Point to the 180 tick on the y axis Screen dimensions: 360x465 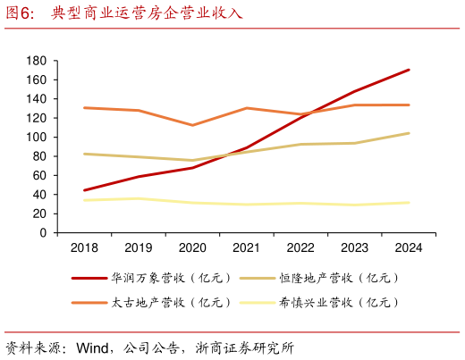click(37, 61)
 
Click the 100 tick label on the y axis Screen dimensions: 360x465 click(37, 138)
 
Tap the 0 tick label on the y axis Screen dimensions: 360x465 click(42, 233)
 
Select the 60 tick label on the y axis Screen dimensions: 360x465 click(39, 176)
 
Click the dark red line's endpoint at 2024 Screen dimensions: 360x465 click(409, 70)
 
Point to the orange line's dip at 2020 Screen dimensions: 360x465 click(192, 125)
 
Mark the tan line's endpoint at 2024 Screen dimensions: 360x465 click(409, 133)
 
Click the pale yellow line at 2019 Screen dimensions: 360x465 click(138, 198)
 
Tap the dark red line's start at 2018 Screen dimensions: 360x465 click(84, 190)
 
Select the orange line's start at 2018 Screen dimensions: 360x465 click(84, 108)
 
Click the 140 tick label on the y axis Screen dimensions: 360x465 click(37, 99)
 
